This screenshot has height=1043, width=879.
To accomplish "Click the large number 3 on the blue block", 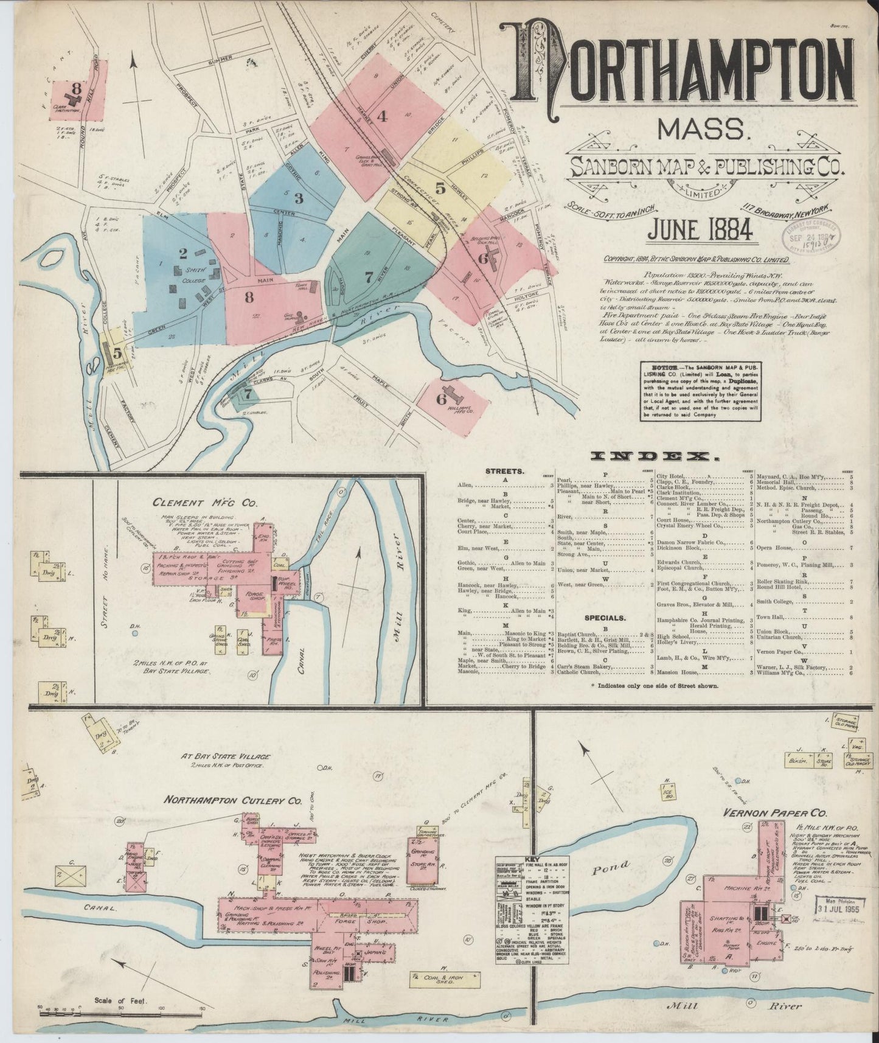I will [298, 198].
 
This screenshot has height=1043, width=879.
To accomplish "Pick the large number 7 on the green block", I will [369, 277].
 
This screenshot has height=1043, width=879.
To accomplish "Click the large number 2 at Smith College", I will [183, 253].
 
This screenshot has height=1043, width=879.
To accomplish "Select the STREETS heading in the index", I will [504, 471].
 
